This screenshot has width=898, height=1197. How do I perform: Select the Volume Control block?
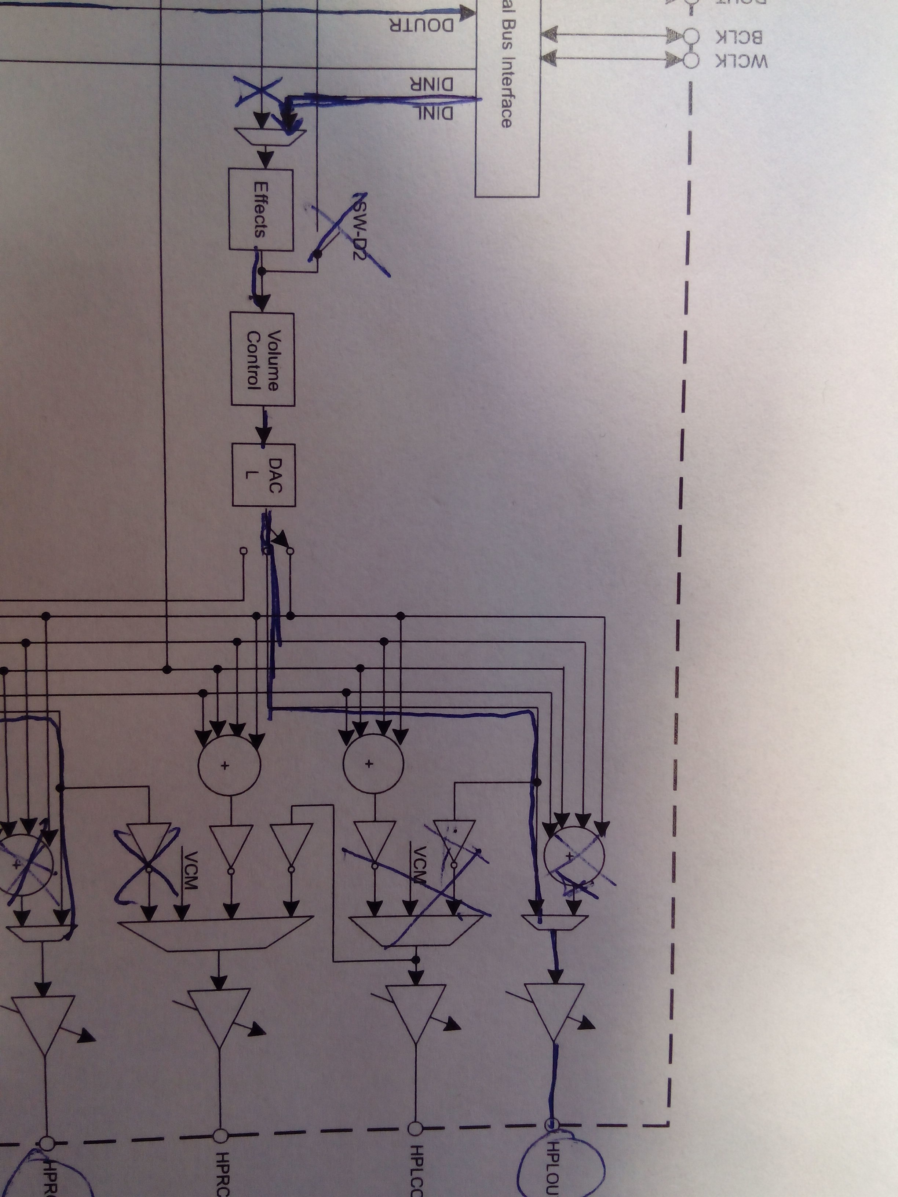[263, 359]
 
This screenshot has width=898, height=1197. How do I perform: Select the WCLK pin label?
[742, 62]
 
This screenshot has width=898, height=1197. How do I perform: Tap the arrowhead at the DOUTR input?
[466, 11]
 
